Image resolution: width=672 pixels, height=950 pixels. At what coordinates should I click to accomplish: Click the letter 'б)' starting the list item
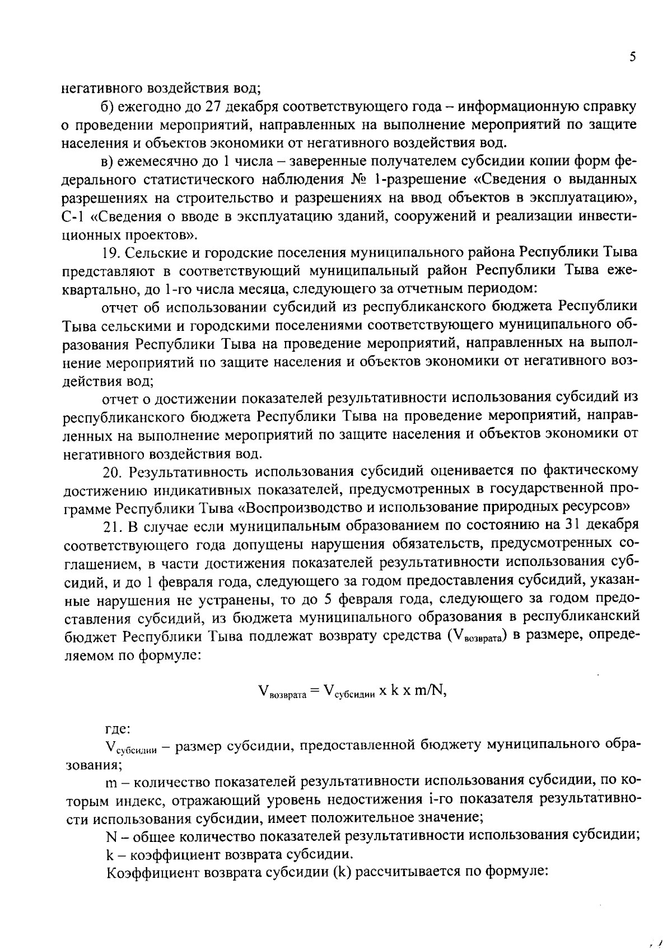point(108,106)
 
